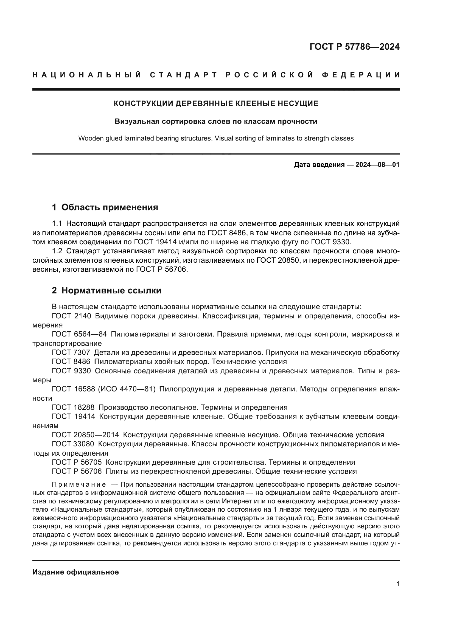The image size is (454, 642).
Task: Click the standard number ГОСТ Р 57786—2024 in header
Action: pos(354,47)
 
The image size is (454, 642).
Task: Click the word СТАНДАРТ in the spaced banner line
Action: pos(184,75)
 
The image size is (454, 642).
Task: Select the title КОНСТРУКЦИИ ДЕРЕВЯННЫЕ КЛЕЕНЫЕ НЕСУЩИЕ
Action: pos(216,103)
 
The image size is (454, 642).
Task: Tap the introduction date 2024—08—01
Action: pos(377,165)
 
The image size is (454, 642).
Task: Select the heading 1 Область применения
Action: pos(105,208)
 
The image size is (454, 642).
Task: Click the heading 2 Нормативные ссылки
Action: pos(107,290)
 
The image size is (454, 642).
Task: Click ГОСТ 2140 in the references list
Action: pos(71,316)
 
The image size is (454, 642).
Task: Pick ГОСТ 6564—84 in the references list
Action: pos(79,334)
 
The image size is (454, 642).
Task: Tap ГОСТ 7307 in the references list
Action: pos(71,353)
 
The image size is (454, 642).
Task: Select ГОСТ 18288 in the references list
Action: pos(73,407)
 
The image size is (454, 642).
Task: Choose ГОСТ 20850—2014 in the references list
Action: pos(85,435)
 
